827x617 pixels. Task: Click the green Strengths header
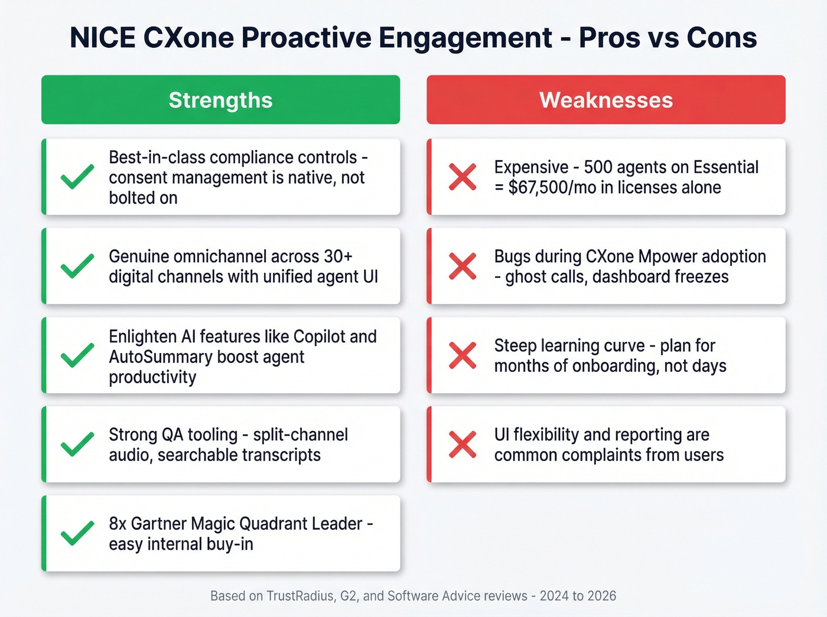[220, 100]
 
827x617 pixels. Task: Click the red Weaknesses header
[606, 100]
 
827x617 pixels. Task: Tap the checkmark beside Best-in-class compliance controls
[77, 177]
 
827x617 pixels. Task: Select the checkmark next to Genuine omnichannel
[77, 266]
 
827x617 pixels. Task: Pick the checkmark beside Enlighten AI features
[77, 355]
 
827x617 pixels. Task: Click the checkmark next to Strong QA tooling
[77, 444]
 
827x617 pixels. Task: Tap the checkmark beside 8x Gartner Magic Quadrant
[77, 533]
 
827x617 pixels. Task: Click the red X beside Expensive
[463, 177]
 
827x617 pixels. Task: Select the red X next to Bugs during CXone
[463, 266]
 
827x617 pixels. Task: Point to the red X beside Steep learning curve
[463, 355]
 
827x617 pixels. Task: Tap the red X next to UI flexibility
[463, 444]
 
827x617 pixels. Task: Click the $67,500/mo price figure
[548, 188]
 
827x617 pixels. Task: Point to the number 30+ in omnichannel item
[338, 256]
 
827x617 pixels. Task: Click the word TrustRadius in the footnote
[300, 596]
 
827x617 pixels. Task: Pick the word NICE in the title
[103, 38]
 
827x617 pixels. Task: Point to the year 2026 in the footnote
[601, 596]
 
